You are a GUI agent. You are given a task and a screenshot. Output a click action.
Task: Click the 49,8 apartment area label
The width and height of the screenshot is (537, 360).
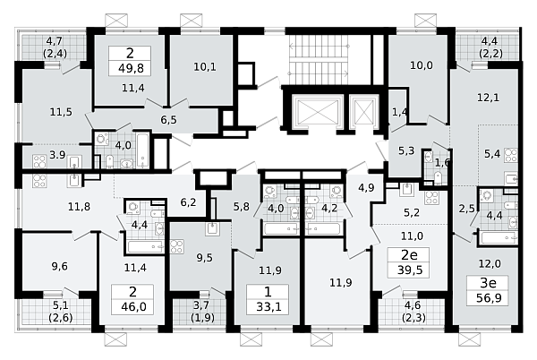pyautogui.click(x=130, y=68)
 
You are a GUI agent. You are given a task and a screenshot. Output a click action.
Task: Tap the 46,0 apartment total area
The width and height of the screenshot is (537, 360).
pyautogui.click(x=133, y=306)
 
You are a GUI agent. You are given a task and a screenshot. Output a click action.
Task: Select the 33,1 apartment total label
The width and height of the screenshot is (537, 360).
pyautogui.click(x=268, y=306)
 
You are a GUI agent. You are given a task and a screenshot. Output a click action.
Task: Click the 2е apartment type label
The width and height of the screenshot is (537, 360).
pyautogui.click(x=410, y=255)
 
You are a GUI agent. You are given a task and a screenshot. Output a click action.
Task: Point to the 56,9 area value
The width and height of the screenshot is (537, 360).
pyautogui.click(x=489, y=297)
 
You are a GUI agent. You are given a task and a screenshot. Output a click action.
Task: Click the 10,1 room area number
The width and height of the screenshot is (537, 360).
pyautogui.click(x=205, y=66)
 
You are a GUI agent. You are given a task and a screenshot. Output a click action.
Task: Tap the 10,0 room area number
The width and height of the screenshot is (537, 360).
pyautogui.click(x=422, y=65)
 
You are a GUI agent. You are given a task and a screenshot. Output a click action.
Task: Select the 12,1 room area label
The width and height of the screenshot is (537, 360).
pyautogui.click(x=489, y=98)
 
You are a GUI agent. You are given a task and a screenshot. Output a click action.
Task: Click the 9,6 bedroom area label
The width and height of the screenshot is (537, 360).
pyautogui.click(x=60, y=266)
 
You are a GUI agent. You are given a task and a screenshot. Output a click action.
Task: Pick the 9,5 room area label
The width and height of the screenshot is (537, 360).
pyautogui.click(x=204, y=258)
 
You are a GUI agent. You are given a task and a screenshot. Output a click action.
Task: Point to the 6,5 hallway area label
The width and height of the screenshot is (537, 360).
pyautogui.click(x=169, y=119)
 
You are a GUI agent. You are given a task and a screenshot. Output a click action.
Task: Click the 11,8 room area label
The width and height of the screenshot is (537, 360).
pyautogui.click(x=79, y=207)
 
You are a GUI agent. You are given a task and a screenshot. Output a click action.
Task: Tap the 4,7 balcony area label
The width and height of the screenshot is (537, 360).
pyautogui.click(x=55, y=41)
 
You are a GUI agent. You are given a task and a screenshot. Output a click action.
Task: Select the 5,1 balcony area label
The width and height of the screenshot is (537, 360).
pyautogui.click(x=60, y=304)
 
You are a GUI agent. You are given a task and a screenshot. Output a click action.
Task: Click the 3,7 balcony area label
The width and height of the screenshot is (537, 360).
pyautogui.click(x=201, y=304)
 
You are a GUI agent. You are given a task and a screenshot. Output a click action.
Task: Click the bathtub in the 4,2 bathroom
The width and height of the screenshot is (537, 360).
pyautogui.click(x=323, y=229)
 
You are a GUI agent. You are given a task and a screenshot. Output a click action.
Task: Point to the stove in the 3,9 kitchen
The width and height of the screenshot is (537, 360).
pyautogui.click(x=39, y=161)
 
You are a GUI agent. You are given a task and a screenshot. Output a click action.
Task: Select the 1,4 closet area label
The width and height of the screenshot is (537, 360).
pyautogui.click(x=400, y=112)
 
